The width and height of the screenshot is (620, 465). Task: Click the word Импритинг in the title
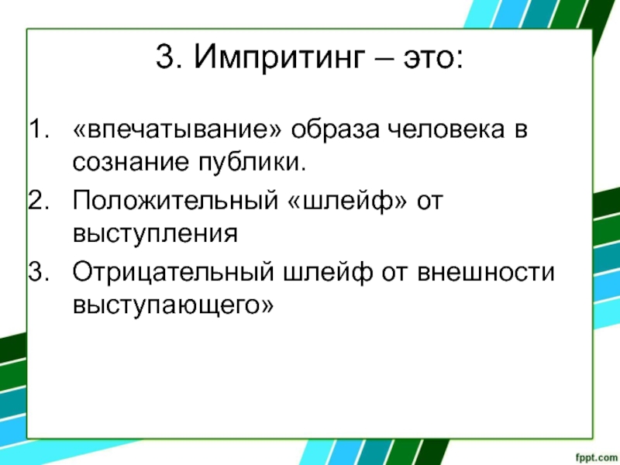[279, 56]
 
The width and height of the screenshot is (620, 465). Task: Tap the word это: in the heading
[433, 57]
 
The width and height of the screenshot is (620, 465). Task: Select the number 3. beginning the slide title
[168, 56]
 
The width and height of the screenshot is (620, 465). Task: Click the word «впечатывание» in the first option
[177, 129]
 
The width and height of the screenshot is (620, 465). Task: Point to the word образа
[335, 130]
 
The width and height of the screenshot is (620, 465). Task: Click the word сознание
[131, 162]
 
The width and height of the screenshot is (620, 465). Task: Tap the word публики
[253, 163]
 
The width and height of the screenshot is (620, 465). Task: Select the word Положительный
[176, 201]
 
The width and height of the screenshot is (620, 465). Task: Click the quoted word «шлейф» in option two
[347, 201]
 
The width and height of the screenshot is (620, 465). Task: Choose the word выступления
[156, 234]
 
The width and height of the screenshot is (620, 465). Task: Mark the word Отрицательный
[173, 273]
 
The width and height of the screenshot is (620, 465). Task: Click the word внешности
[486, 273]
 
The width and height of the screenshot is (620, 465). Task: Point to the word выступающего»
[173, 305]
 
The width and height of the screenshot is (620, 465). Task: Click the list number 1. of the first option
[40, 129]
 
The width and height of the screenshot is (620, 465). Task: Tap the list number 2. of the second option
[40, 200]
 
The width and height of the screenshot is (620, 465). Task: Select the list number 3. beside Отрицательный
[40, 272]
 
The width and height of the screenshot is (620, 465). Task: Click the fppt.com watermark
[596, 457]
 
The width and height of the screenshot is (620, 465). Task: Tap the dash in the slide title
[383, 58]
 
